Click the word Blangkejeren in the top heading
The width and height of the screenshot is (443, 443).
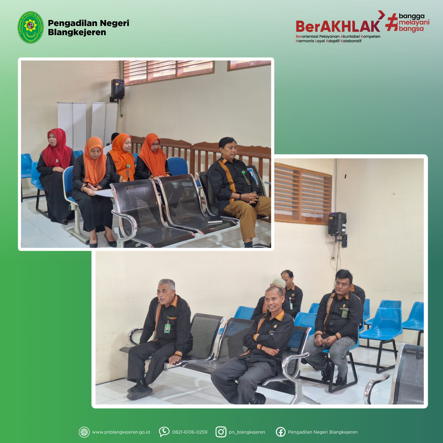[77, 32]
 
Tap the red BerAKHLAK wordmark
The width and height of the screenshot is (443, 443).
[338, 26]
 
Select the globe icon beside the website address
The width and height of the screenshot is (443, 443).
[84, 432]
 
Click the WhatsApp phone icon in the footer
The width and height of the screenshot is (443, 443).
[164, 432]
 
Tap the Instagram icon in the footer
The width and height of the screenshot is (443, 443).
[221, 432]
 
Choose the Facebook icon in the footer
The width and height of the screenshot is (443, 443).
[280, 432]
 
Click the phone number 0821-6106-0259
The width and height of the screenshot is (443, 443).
[190, 432]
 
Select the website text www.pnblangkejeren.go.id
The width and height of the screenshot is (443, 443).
[121, 432]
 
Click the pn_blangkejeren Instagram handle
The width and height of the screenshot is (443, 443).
[247, 432]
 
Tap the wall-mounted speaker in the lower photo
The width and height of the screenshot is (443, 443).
[337, 223]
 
